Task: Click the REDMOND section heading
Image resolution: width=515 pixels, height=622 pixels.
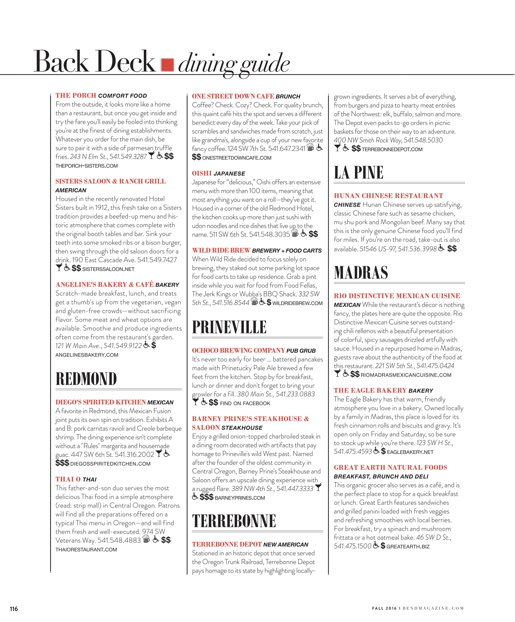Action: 86,379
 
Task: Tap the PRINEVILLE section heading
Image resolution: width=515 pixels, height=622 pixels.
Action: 229,327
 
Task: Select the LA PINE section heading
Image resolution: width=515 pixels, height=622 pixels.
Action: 359,173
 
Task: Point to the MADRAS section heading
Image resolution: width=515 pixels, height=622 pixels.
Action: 361,272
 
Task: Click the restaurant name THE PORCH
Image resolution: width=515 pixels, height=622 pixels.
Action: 76,95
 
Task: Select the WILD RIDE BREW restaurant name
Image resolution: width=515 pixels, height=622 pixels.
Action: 221,250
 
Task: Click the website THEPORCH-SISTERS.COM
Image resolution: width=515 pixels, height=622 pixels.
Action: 87,166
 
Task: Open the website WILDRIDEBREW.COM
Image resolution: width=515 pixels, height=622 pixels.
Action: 297,303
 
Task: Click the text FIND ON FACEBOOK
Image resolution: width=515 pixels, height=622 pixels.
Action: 245,403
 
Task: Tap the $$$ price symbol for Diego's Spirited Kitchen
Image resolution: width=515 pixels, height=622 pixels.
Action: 62,463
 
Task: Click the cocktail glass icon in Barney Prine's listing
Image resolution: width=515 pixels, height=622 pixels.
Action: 318,487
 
